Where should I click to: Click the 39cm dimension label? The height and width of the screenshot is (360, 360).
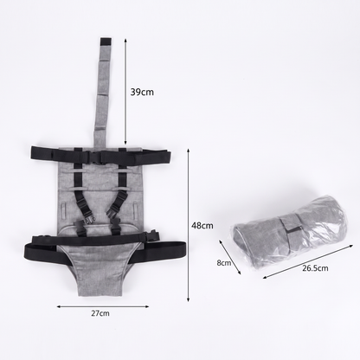(x=142, y=92)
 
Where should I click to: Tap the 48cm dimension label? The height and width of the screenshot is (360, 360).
(x=202, y=225)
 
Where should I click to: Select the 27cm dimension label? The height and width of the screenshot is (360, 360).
(x=100, y=313)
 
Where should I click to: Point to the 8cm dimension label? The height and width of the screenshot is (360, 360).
(x=224, y=263)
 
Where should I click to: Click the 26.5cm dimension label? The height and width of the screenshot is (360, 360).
(x=315, y=268)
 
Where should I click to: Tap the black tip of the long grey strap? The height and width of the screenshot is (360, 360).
(x=106, y=42)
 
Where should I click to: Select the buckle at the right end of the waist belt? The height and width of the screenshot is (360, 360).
(x=152, y=235)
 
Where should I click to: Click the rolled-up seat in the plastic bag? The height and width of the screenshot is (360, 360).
(x=290, y=232)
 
